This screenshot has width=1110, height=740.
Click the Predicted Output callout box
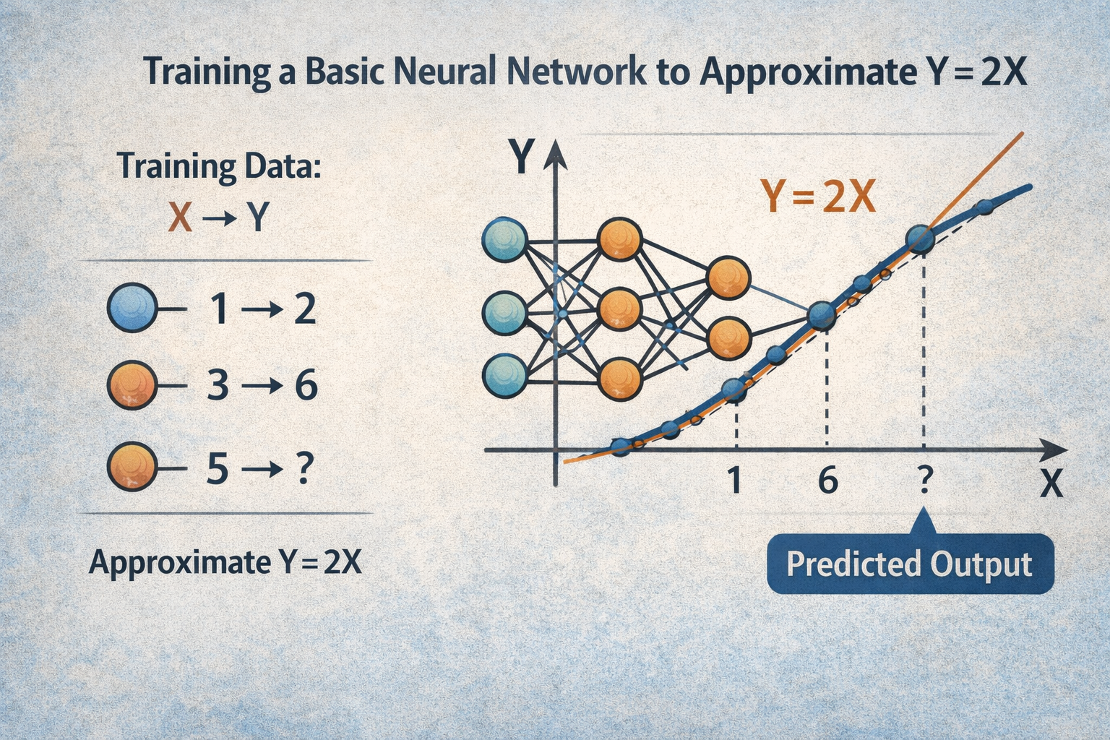[x=909, y=564]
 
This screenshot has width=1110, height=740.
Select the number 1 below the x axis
[x=735, y=480]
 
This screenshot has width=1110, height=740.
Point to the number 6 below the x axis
[x=827, y=480]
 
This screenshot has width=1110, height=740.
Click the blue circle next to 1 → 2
[x=132, y=309]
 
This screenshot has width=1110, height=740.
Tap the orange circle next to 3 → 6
[x=132, y=386]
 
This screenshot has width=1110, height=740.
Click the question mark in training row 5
[x=304, y=470]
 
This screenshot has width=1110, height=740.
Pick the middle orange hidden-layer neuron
[x=620, y=309]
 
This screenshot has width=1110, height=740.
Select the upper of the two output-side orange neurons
[x=728, y=277]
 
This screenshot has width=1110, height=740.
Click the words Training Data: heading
[x=218, y=166]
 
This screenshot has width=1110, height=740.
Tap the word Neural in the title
[x=446, y=72]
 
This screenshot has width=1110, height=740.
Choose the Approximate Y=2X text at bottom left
[x=225, y=562]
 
